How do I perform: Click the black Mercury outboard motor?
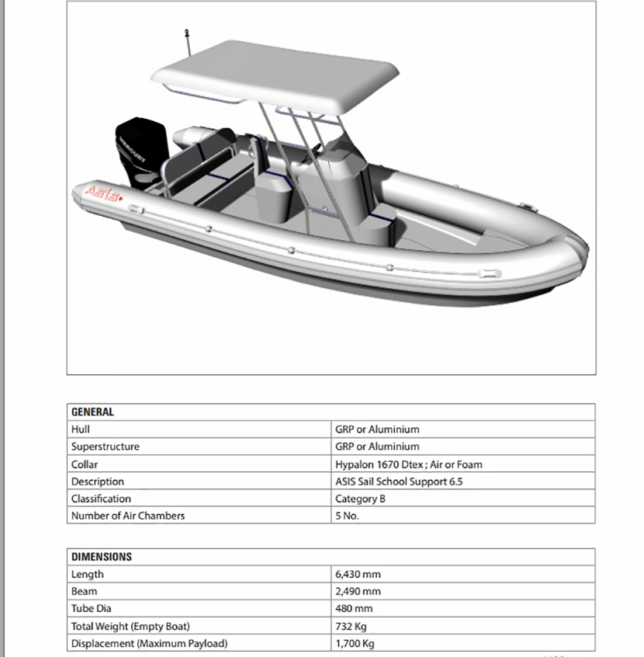coord(140,151)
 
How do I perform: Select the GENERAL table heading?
coord(92,412)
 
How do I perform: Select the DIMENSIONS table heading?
coord(102,557)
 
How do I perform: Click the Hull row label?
coord(81,429)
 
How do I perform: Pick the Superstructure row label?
coord(106,447)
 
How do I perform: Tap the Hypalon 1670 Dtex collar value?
coord(408,464)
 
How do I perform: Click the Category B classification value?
coord(360,499)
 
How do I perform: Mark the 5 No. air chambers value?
coord(347,516)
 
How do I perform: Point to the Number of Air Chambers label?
coord(128,516)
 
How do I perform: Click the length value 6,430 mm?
coord(358,575)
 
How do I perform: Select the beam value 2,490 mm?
coord(358,592)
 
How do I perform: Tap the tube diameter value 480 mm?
coord(354,609)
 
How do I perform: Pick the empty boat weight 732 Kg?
coord(351,626)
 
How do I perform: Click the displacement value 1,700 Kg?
coord(355,643)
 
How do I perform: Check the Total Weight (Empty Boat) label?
coord(130,626)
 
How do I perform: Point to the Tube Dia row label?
coord(91,609)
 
